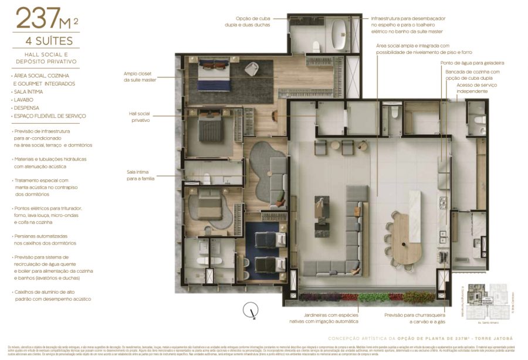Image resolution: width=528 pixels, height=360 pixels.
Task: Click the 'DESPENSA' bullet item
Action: click(26, 108)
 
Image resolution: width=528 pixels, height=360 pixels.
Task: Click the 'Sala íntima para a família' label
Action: click(140, 175)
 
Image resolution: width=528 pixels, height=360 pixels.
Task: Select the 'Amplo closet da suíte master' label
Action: click(140, 76)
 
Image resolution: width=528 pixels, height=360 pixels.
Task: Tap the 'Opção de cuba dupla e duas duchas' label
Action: click(254, 22)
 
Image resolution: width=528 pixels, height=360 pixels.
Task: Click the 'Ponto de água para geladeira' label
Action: click(472, 63)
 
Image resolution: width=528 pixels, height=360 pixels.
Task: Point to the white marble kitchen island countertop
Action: click(414, 208)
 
